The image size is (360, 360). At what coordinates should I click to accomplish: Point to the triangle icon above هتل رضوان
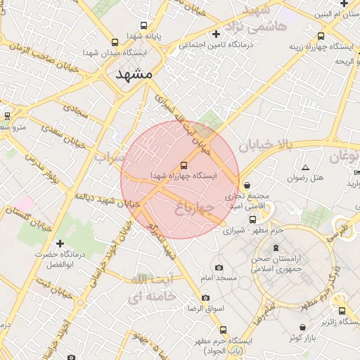click(x=305, y=167)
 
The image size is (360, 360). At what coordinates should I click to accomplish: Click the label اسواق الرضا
click(x=205, y=309)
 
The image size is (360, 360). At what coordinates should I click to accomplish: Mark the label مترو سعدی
click(x=12, y=127)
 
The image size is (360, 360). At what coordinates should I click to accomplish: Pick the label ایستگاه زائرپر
click(x=333, y=323)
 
